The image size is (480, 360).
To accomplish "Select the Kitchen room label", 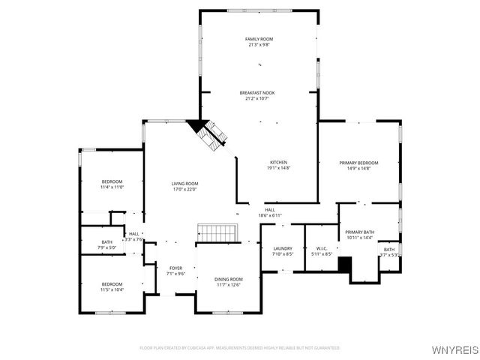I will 279,162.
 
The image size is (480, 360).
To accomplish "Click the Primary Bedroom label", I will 358,163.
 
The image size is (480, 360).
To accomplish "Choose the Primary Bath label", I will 359,232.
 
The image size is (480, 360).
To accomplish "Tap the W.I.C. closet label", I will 322,248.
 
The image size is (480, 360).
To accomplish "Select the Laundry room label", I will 283,248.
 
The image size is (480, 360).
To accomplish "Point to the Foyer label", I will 175,268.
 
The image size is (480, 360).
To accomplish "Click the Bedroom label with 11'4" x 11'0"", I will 112,181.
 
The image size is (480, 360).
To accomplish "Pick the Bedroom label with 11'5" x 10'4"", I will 112,284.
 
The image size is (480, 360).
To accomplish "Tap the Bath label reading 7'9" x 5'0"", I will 107,241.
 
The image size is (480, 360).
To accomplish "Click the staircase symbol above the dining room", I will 216,232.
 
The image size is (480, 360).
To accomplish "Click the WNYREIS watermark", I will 454,349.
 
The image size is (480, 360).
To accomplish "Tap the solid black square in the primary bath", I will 345,264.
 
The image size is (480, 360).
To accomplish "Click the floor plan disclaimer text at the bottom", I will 240,348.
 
